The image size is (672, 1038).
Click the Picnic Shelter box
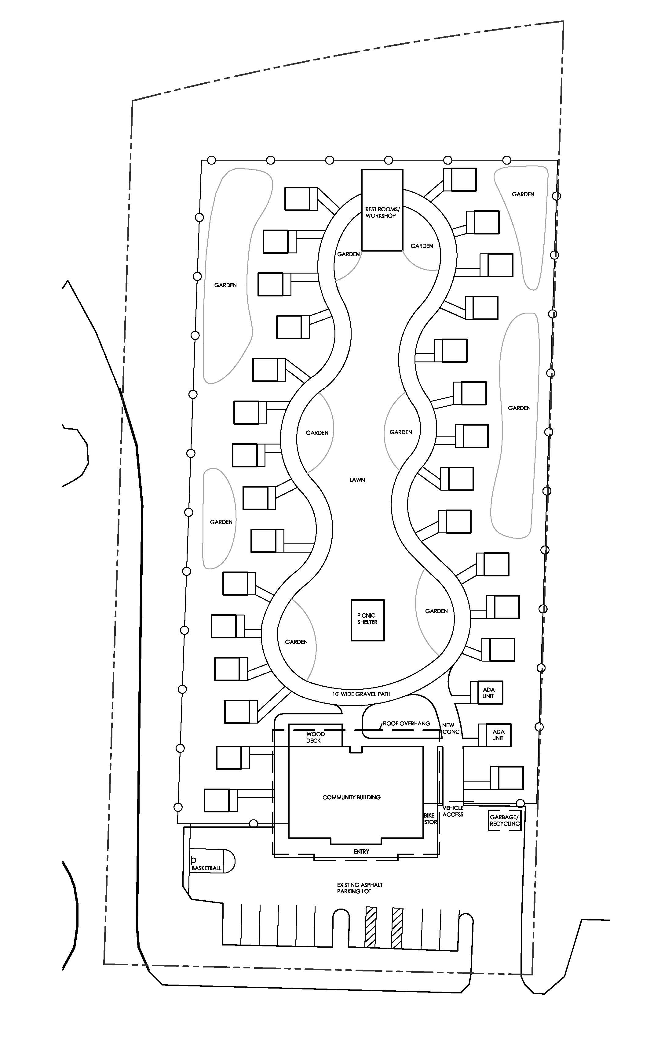tap(367, 620)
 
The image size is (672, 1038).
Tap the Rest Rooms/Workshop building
tap(382, 210)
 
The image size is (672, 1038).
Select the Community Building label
tap(351, 797)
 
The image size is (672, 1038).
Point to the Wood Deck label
tap(315, 737)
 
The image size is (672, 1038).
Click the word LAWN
tap(357, 480)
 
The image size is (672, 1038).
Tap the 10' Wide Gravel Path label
tap(361, 694)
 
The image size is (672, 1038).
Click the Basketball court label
tap(206, 868)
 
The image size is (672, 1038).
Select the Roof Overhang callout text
tap(407, 723)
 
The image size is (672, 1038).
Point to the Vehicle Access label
tap(453, 811)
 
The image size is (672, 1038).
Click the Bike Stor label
tap(430, 818)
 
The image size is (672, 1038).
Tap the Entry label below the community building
tap(361, 851)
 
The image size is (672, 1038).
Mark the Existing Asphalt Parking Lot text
tap(360, 888)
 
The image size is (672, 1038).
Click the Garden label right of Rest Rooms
tap(422, 246)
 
